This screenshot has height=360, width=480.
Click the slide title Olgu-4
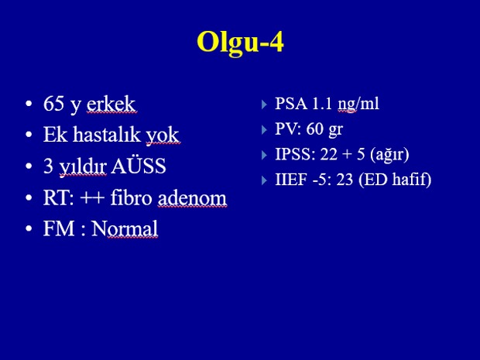pyautogui.click(x=240, y=43)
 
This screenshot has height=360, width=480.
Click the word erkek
pyautogui.click(x=111, y=104)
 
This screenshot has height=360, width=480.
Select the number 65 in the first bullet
pyautogui.click(x=53, y=104)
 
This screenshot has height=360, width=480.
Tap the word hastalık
pyautogui.click(x=107, y=135)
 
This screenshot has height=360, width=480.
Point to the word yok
pyautogui.click(x=163, y=136)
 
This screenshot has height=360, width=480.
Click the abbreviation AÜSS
pyautogui.click(x=139, y=166)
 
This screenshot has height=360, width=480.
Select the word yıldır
pyautogui.click(x=83, y=167)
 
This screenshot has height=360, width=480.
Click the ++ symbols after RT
pyautogui.click(x=92, y=198)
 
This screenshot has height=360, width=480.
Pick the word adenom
pyautogui.click(x=192, y=197)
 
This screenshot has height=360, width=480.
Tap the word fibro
pyautogui.click(x=131, y=197)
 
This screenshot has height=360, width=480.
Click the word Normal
pyautogui.click(x=125, y=228)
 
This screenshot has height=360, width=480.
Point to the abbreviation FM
pyautogui.click(x=59, y=228)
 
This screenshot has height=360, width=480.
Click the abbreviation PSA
pyautogui.click(x=291, y=104)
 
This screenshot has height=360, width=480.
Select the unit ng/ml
pyautogui.click(x=358, y=104)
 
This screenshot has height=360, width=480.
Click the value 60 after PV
pyautogui.click(x=315, y=129)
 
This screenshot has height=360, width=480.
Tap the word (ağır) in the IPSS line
pyautogui.click(x=389, y=155)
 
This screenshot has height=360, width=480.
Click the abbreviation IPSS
pyautogui.click(x=295, y=154)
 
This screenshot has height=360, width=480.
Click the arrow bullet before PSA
pyautogui.click(x=264, y=105)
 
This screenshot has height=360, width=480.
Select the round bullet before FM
pyautogui.click(x=29, y=228)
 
